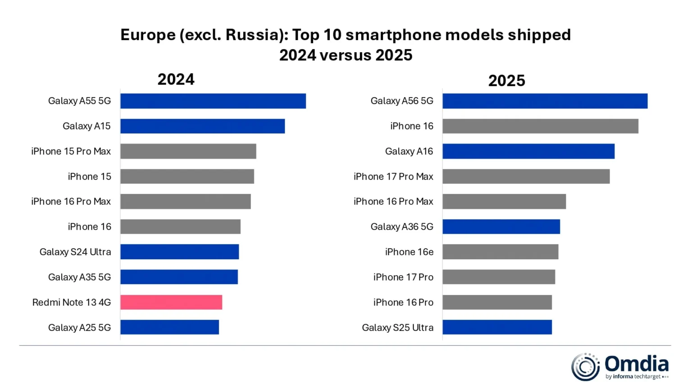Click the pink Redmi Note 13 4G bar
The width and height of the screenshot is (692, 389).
click(x=171, y=302)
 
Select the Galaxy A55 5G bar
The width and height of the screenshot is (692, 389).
click(x=213, y=101)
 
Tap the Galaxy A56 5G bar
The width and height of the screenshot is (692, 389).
click(x=545, y=101)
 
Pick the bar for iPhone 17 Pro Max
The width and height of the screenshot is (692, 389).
click(x=526, y=176)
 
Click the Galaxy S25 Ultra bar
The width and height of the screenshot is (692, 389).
click(x=497, y=327)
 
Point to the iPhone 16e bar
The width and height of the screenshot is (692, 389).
click(x=500, y=252)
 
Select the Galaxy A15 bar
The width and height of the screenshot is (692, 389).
click(x=202, y=126)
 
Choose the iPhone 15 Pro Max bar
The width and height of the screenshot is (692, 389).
click(x=188, y=151)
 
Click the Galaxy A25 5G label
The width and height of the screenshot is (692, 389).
click(x=79, y=327)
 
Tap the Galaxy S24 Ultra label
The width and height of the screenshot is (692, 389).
click(x=75, y=252)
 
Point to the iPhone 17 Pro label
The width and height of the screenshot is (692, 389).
click(x=403, y=277)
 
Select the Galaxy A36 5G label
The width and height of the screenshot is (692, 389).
click(x=402, y=226)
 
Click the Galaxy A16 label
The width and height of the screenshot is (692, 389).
click(x=409, y=151)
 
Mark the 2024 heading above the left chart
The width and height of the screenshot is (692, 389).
click(x=176, y=79)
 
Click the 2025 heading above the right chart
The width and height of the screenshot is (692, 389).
click(x=506, y=81)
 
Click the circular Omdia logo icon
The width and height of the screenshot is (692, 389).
click(x=585, y=367)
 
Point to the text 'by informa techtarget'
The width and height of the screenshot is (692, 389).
click(x=633, y=376)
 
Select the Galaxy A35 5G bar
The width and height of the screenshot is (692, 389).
click(x=179, y=277)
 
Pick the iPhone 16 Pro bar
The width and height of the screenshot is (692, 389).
click(x=497, y=302)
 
